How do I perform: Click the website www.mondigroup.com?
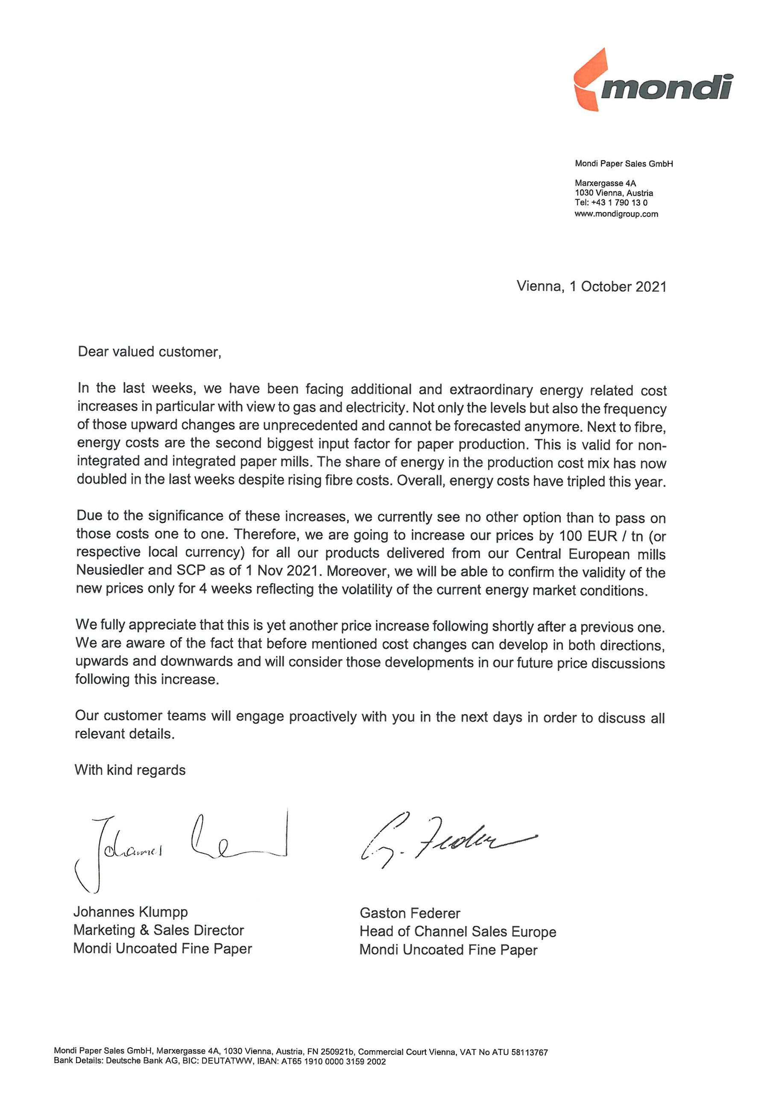tap(616, 214)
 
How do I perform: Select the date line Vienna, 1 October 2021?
tap(591, 286)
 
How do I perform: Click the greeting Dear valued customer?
tap(149, 352)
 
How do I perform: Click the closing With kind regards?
tap(130, 770)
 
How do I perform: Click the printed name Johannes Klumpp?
tap(131, 912)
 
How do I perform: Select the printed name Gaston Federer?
tap(410, 914)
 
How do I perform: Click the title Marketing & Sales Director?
tap(158, 930)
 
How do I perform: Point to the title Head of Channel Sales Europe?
tap(458, 932)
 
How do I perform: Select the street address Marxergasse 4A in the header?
tap(605, 183)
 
